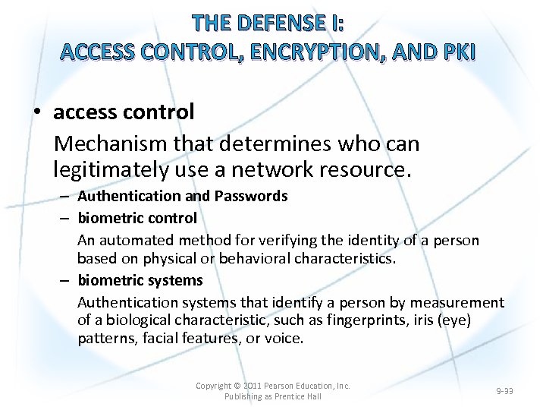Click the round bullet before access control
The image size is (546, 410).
coord(36,113)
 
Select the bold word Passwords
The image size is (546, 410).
coord(250,196)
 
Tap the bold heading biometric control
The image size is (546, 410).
coord(137,218)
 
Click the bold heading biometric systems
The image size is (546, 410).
coord(140,280)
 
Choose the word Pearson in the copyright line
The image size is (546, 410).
coord(283,386)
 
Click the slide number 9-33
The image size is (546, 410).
coord(504,391)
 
